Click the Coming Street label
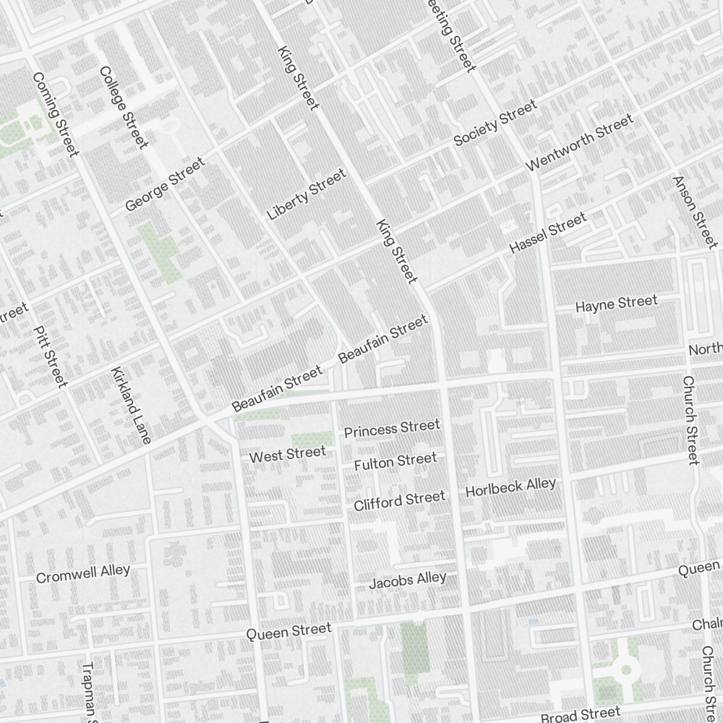54,114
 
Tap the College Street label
123,108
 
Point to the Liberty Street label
307,194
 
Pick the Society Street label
495,122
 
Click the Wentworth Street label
579,142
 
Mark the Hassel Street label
547,233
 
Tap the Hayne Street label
616,304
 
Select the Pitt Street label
51,355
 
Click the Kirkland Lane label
131,406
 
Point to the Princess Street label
391,429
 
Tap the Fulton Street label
395,461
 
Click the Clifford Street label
399,500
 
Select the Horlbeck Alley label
510,487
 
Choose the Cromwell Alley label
83,573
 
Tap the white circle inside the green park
626,669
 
